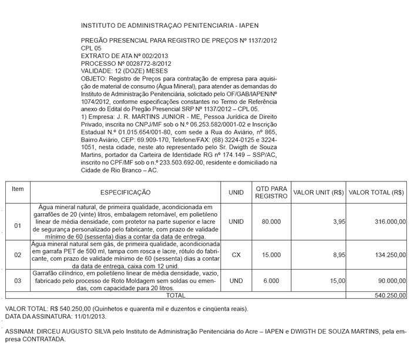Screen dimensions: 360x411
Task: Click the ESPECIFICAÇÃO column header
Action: [x=125, y=192]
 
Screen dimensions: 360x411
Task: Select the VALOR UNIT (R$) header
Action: [x=318, y=192]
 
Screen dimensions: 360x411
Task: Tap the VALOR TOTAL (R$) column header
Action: [x=376, y=192]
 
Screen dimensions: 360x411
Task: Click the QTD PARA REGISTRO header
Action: [x=271, y=192]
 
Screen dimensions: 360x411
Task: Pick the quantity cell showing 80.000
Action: [x=271, y=222]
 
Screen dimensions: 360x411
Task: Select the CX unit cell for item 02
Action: [x=236, y=255]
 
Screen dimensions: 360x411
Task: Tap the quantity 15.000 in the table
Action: [x=271, y=255]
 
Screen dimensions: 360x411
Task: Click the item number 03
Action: [x=18, y=281]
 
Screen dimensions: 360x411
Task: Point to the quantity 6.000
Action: [x=271, y=281]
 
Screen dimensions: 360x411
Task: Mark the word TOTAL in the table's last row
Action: [x=176, y=295]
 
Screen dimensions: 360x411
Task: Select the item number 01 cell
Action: [x=18, y=225]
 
